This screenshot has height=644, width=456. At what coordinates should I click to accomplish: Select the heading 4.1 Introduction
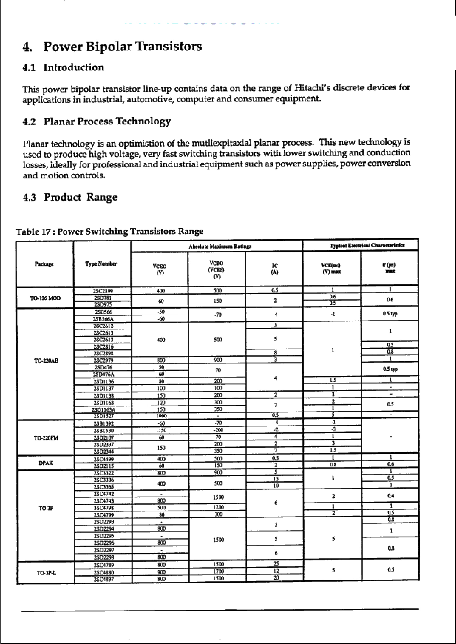point(63,67)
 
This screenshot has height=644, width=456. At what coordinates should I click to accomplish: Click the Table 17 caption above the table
point(109,231)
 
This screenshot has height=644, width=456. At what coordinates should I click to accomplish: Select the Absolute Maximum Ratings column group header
point(220,246)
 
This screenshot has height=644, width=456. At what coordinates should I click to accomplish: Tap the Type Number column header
point(101,264)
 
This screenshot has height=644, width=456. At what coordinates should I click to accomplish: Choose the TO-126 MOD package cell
point(45,298)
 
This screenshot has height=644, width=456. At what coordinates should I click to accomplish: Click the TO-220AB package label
point(46,361)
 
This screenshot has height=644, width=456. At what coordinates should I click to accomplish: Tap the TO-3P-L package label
point(46,573)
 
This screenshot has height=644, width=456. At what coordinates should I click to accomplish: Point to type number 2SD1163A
point(103,410)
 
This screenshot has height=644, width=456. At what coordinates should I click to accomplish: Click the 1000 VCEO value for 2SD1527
point(161,416)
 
